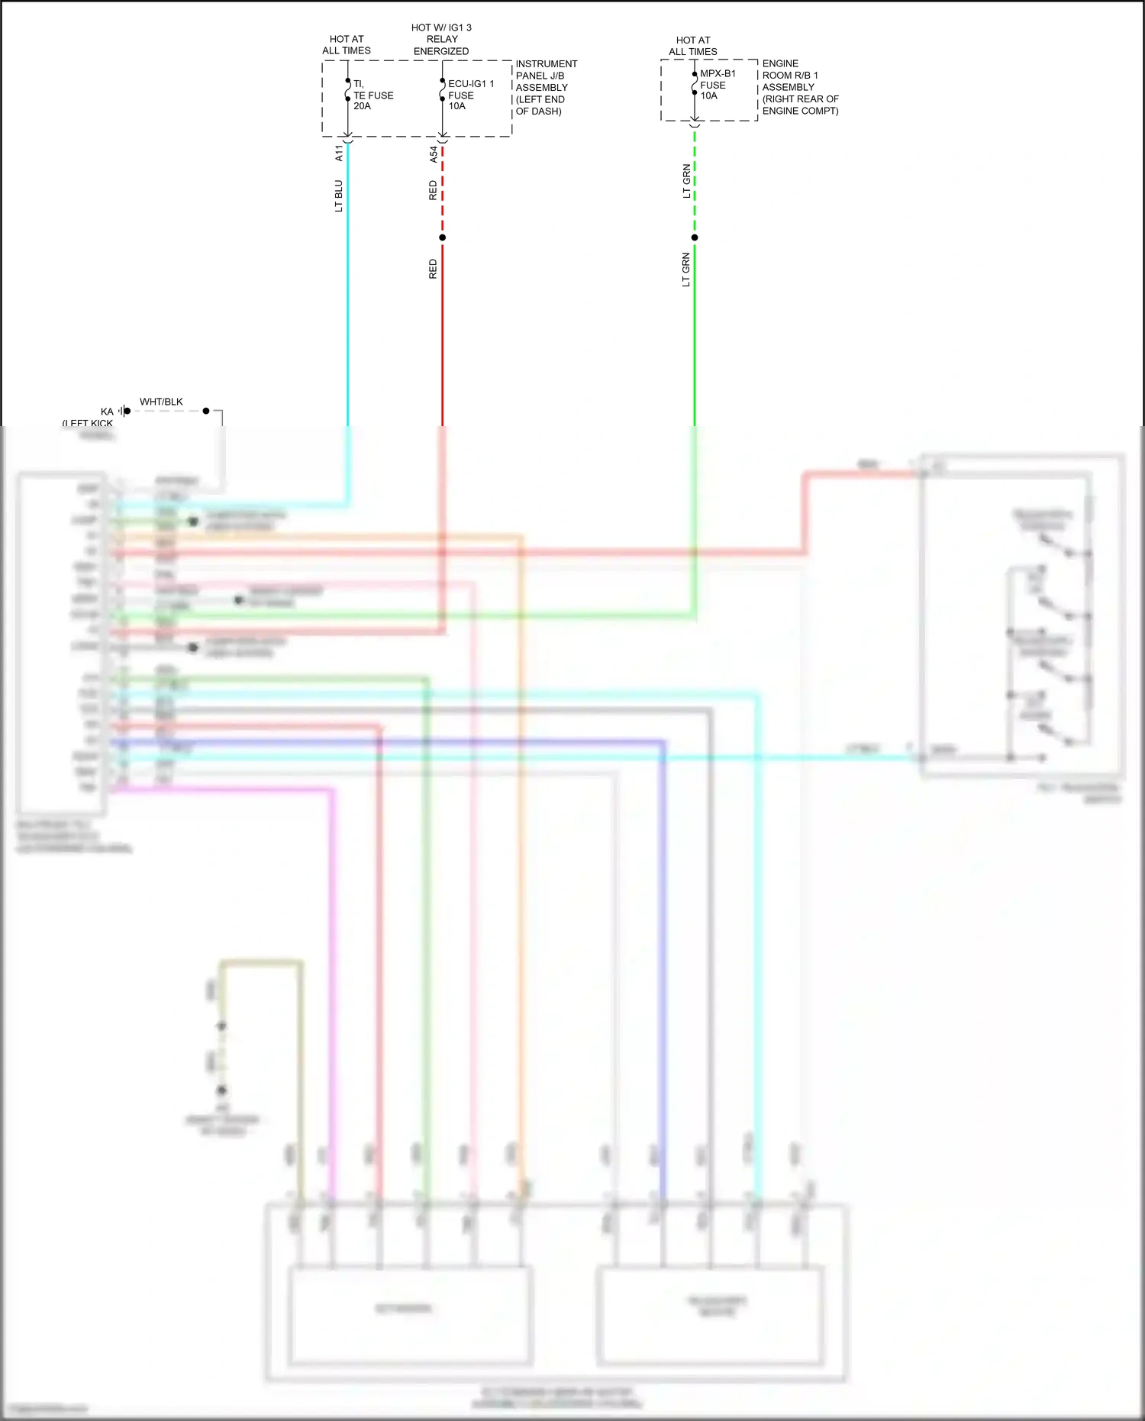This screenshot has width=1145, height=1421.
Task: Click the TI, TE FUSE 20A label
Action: tap(373, 95)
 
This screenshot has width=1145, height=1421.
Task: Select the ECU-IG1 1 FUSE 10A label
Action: tap(469, 95)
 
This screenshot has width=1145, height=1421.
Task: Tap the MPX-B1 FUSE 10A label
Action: tap(717, 85)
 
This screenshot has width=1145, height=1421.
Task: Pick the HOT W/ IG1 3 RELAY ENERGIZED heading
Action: tap(441, 40)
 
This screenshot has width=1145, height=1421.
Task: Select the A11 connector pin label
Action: tap(339, 153)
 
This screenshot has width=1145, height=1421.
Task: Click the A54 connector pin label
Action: tap(434, 155)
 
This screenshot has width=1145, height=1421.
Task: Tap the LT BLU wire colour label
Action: tap(339, 196)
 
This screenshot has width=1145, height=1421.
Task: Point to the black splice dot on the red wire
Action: tap(443, 237)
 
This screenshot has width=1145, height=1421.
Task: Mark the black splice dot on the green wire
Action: tap(695, 237)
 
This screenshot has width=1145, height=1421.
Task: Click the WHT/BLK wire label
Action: tap(161, 402)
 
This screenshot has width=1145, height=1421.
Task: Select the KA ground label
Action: tap(107, 412)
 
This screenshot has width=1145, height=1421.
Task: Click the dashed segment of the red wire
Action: tap(443, 191)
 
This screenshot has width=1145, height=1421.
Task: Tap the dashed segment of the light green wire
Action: tap(695, 183)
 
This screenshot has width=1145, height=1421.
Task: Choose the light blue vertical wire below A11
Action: tap(348, 305)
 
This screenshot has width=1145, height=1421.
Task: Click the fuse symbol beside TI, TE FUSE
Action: tap(348, 90)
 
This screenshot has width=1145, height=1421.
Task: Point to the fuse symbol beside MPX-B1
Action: tap(695, 83)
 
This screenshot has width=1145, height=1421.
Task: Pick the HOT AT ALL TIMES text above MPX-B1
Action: tap(693, 46)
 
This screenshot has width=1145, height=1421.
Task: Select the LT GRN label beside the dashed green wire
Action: tap(686, 182)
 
